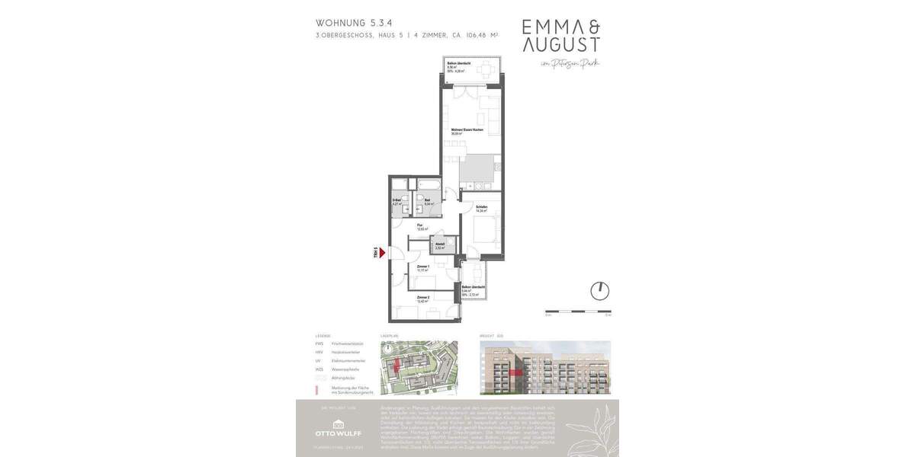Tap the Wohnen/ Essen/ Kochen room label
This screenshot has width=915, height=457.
pos(467,130)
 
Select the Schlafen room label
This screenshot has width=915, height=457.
pos(481,208)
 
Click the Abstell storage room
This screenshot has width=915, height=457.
pos(440,245)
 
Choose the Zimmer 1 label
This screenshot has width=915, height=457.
pos(423,267)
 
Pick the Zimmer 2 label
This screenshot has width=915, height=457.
pos(423,298)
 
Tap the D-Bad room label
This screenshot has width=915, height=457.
pos(396,202)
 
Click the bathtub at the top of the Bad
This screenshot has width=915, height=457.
pos(428,185)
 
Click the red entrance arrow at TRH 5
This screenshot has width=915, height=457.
pos(383,253)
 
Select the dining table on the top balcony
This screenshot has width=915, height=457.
pos(486,72)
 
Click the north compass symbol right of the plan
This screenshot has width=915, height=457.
pos(600,291)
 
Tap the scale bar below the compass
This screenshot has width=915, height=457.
pos(577,312)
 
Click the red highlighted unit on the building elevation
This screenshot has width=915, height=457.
pos(518,372)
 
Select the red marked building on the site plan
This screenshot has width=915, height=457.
pos(396,368)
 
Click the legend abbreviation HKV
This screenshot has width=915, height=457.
pos(319,352)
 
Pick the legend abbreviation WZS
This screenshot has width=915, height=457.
pos(319,369)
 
